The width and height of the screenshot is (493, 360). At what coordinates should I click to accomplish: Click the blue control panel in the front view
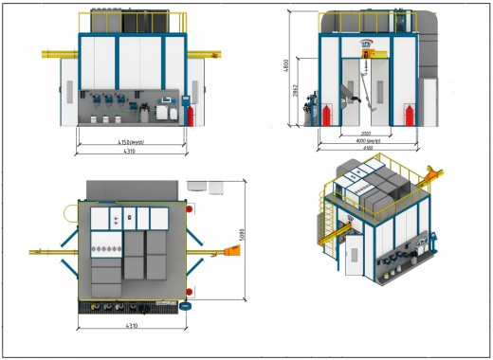click(185, 99)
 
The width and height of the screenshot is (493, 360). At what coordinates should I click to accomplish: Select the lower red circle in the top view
click(190, 291)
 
